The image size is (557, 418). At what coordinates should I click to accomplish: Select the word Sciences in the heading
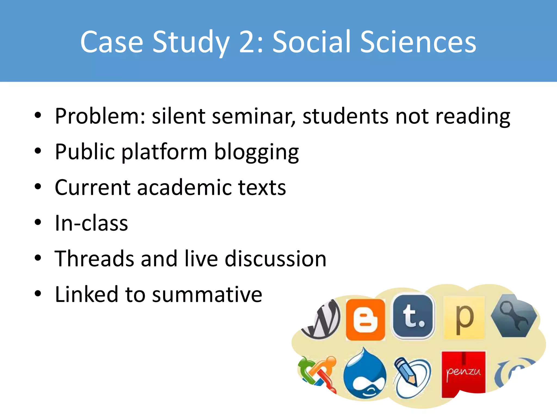point(418,42)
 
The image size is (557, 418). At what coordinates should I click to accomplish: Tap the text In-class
point(91,223)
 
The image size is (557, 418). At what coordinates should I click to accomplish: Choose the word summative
point(207,295)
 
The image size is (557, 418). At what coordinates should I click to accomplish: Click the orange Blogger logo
point(365,320)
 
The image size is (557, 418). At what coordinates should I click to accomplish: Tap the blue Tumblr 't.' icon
point(413,316)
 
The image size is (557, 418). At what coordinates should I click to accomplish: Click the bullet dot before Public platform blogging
point(38,151)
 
